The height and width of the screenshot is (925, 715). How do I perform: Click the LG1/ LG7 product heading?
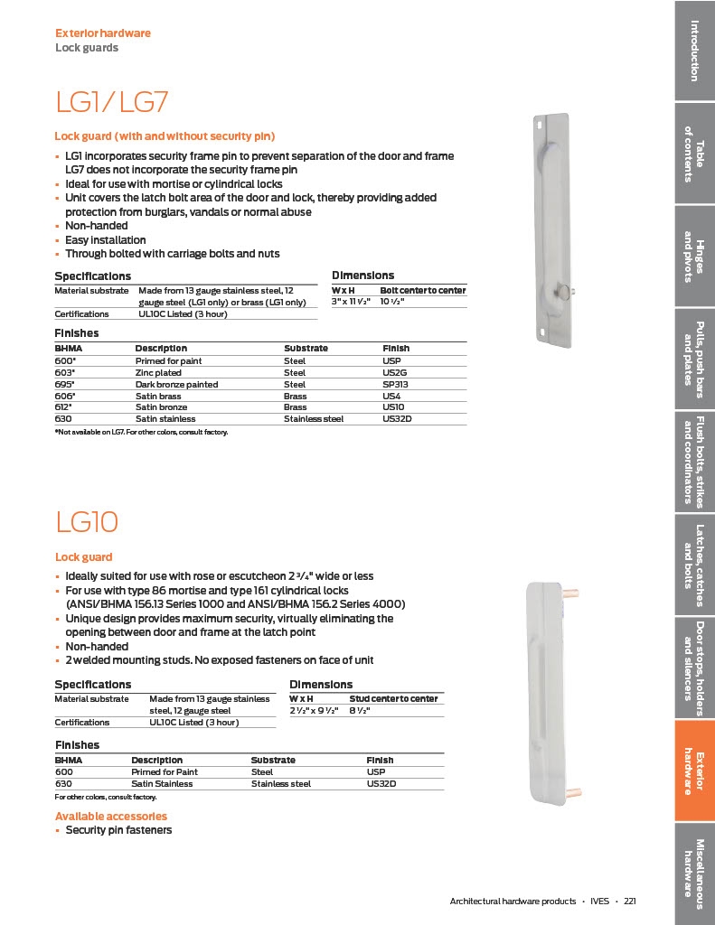pyautogui.click(x=112, y=102)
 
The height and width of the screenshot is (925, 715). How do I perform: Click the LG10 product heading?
pyautogui.click(x=87, y=521)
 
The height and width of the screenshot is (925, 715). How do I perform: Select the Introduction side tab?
pyautogui.click(x=694, y=50)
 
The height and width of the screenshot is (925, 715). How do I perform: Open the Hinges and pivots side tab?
pyautogui.click(x=694, y=257)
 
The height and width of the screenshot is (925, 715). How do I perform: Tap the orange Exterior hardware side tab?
pyautogui.click(x=694, y=771)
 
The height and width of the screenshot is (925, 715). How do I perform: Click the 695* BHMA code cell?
pyautogui.click(x=66, y=384)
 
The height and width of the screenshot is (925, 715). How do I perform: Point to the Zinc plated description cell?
pyautogui.click(x=158, y=372)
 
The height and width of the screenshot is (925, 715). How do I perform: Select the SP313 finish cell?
pyautogui.click(x=395, y=384)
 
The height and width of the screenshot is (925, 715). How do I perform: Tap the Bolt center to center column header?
pyautogui.click(x=422, y=290)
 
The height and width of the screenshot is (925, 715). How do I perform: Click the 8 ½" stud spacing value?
pyautogui.click(x=362, y=711)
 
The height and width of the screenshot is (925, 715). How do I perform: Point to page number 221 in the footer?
pyautogui.click(x=630, y=901)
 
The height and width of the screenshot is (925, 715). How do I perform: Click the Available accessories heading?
pyautogui.click(x=111, y=817)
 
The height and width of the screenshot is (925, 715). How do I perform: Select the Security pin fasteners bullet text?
pyautogui.click(x=118, y=830)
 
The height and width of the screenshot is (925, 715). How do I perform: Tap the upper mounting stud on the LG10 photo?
pyautogui.click(x=571, y=594)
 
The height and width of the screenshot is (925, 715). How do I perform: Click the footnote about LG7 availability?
pyautogui.click(x=141, y=433)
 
